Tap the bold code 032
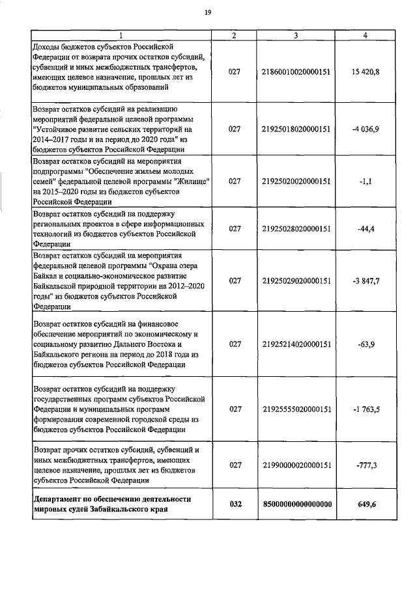click(235, 504)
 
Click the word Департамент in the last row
click(60, 499)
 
